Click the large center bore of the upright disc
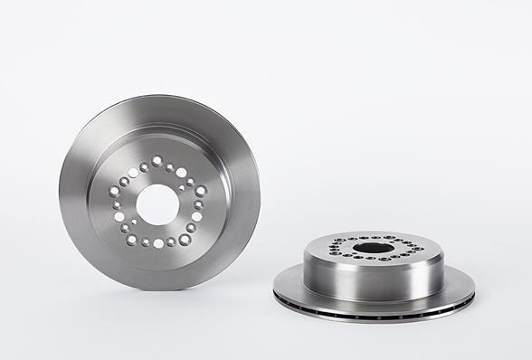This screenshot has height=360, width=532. [x=160, y=204]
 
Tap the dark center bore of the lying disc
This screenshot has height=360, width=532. [x=372, y=247]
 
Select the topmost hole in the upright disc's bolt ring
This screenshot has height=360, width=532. [x=157, y=160]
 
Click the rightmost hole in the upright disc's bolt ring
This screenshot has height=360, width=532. [x=201, y=192]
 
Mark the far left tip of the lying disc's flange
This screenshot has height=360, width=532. [x=274, y=291]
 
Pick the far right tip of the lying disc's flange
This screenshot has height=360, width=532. [x=474, y=291]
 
